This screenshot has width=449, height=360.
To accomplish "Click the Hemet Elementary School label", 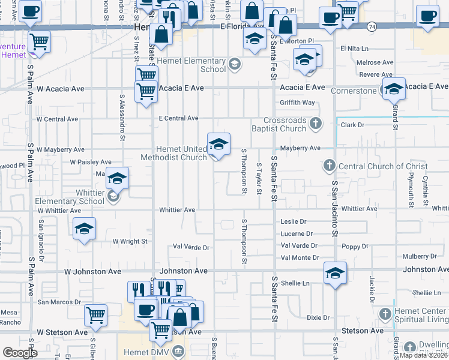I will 196,65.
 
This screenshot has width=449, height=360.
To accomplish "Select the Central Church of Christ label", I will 383,166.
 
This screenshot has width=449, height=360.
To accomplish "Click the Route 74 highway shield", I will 373,27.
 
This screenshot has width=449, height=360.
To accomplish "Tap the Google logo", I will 20,353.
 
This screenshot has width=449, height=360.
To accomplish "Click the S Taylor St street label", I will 259,178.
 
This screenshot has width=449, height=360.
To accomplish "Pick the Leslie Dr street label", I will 294,221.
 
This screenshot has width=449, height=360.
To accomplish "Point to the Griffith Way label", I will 297,103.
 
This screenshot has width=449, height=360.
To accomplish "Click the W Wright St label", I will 130,241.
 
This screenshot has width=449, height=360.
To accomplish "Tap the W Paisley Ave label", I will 91,162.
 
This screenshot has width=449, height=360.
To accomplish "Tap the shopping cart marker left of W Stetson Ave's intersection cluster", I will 96,314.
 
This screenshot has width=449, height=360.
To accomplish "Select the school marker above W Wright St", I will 84,228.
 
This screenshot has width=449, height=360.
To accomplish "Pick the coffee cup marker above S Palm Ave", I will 30,10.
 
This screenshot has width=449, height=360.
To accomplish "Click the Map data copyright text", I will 424,355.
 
